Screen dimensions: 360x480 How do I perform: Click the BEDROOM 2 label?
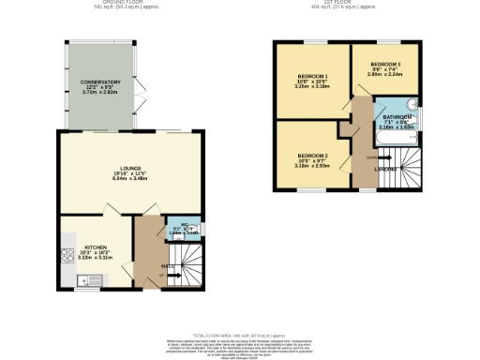(313, 155)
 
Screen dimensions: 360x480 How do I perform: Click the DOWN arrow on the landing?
(362, 158)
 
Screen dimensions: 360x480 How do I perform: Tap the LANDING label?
(385, 169)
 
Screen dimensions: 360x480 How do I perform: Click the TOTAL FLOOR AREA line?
(239, 335)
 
